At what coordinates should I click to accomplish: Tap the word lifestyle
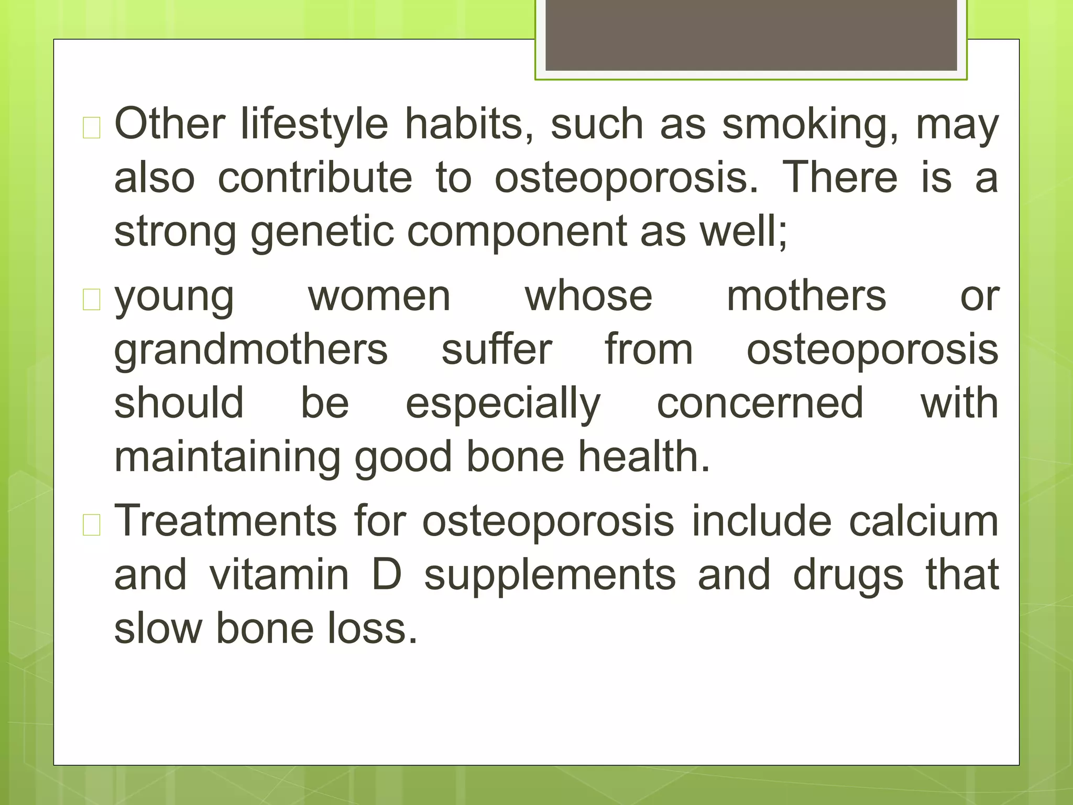coord(314,126)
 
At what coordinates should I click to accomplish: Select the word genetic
coord(322,232)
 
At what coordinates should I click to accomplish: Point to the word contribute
coord(315,178)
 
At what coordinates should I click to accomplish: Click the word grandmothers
coord(251,350)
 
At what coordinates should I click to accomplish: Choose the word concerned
coord(760,404)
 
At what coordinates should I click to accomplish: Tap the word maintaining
coord(227,458)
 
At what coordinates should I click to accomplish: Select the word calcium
coord(924,522)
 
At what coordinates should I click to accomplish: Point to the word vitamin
coord(279,575)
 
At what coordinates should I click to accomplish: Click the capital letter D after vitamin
coord(387,575)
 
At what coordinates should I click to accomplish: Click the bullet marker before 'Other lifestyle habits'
coord(92,128)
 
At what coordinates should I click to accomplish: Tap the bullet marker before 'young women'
coord(92,300)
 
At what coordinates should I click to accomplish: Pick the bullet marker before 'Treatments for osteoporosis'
coord(92,525)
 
